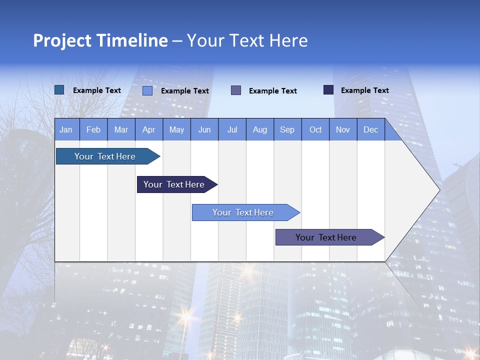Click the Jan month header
pos(66,129)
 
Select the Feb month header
pos(93,129)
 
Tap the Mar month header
pos(121,129)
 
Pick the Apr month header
pos(149,129)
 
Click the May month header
pos(176,129)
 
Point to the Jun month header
pos(204,129)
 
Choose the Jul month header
pos(232,129)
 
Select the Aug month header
pos(260,129)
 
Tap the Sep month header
pos(287,129)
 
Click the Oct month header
pos(315,129)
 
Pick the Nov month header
pos(343,129)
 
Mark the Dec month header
pos(371,129)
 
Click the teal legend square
pos(59,90)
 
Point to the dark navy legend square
pos(328,90)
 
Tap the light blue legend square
pos(147,90)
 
